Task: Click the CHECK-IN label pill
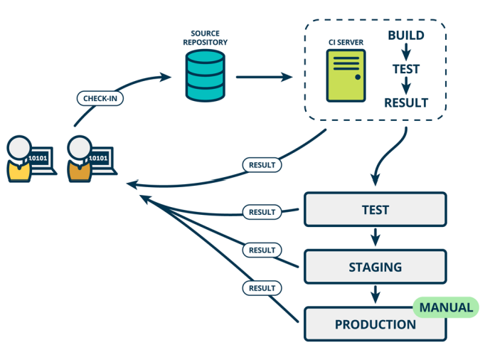point(100,98)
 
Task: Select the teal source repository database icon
point(205,76)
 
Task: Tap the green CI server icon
point(346,76)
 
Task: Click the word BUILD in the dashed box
point(406,36)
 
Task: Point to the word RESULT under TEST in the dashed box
point(406,102)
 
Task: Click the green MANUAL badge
point(446,307)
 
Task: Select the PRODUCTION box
point(375,324)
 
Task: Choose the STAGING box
point(375,267)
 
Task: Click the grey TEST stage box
point(375,210)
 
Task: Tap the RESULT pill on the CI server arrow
point(262,165)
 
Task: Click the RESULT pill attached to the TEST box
point(262,212)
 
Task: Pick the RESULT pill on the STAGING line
point(262,250)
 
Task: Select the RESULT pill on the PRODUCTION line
point(262,288)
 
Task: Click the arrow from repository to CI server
point(264,77)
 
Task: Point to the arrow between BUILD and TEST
point(406,52)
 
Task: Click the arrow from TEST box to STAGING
point(375,237)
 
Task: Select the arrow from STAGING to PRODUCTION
point(375,295)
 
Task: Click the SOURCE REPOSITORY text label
point(205,38)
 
